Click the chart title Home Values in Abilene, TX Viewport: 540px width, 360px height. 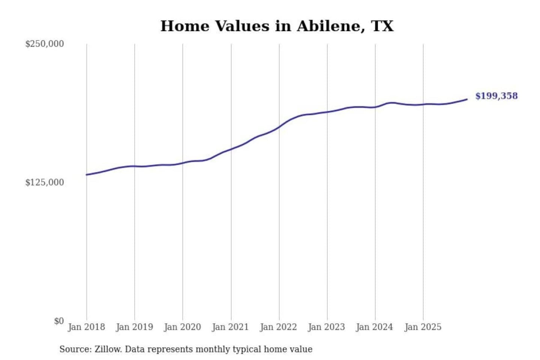tap(277, 26)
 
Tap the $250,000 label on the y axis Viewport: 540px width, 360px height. tap(44, 44)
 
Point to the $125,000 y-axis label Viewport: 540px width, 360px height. tap(44, 183)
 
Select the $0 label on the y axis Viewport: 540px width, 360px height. tap(59, 321)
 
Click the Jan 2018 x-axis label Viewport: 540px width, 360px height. tap(86, 327)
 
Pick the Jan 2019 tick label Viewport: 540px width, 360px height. tap(134, 327)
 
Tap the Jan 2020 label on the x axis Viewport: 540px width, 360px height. tap(182, 327)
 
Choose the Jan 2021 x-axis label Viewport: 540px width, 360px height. tap(230, 327)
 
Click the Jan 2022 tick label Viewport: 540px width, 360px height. tap(278, 327)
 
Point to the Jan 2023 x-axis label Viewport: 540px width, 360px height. tap(326, 327)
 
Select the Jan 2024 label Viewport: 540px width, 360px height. tap(374, 327)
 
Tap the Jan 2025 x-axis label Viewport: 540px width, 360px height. tap(423, 327)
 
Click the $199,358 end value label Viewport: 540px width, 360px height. tap(496, 96)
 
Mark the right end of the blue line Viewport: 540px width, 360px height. tap(467, 99)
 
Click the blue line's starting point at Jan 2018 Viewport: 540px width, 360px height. tap(87, 175)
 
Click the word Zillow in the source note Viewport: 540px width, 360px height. tap(108, 349)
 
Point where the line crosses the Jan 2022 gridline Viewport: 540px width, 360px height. tap(279, 127)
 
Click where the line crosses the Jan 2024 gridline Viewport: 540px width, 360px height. tap(375, 107)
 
